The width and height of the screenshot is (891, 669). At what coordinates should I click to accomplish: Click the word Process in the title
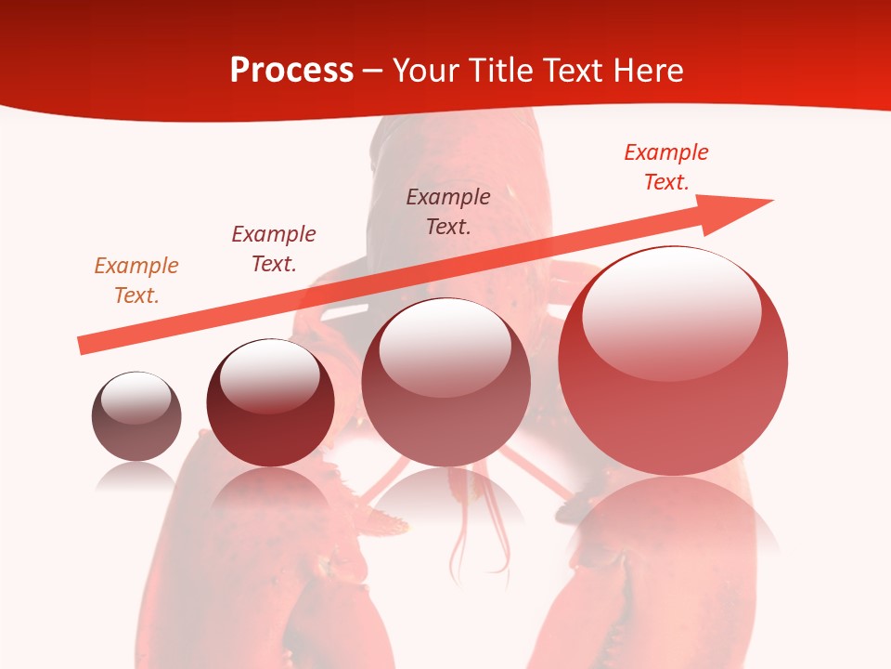click(x=291, y=71)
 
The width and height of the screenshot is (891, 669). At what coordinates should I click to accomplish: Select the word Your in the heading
click(x=424, y=71)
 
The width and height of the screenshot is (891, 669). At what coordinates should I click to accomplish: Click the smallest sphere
click(x=136, y=416)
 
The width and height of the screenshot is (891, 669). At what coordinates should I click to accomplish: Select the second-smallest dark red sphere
click(x=270, y=403)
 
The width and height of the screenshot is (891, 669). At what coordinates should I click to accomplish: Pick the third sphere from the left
click(x=445, y=383)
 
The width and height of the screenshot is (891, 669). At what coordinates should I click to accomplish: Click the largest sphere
click(x=673, y=361)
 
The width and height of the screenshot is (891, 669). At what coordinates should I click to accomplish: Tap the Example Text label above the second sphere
click(x=274, y=249)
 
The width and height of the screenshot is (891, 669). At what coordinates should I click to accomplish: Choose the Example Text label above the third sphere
click(x=448, y=211)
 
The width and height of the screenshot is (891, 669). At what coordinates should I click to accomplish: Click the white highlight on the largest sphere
click(x=671, y=307)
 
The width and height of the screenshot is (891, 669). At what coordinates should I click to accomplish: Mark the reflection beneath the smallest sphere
click(x=136, y=476)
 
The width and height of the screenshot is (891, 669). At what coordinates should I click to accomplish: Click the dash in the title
click(x=372, y=71)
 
